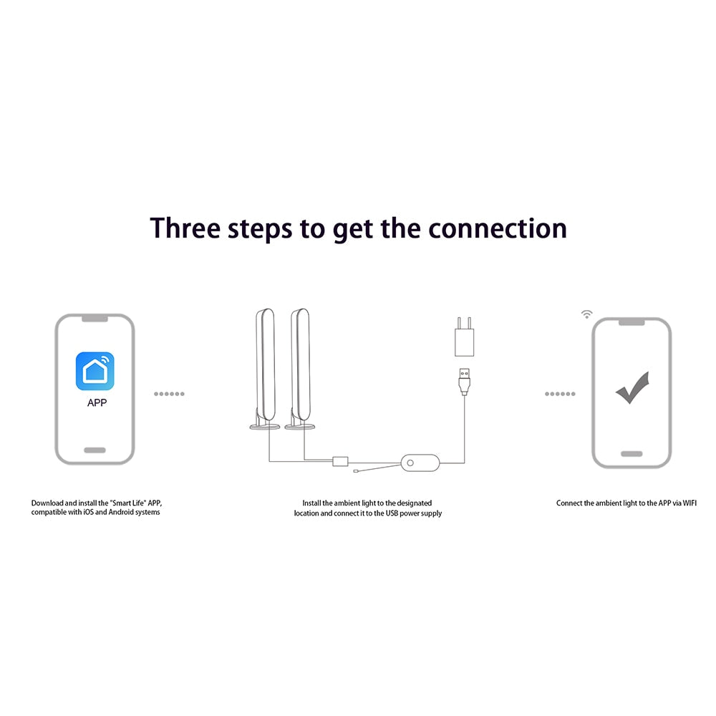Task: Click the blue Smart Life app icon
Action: click(95, 371)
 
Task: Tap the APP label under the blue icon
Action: click(97, 402)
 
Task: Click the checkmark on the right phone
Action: click(632, 387)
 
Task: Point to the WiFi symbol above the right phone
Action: click(587, 314)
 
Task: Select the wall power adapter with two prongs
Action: click(464, 337)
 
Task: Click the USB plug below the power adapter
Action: click(465, 382)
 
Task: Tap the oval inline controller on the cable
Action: click(420, 463)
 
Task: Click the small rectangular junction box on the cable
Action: click(340, 460)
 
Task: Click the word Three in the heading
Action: click(185, 228)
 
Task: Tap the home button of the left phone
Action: click(95, 450)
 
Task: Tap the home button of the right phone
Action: click(632, 454)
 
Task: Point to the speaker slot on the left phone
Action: click(95, 319)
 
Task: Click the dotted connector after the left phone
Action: click(169, 394)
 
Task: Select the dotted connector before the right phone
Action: click(560, 394)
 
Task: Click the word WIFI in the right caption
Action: click(690, 503)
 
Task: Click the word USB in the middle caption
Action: click(392, 513)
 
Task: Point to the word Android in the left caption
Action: click(121, 513)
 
